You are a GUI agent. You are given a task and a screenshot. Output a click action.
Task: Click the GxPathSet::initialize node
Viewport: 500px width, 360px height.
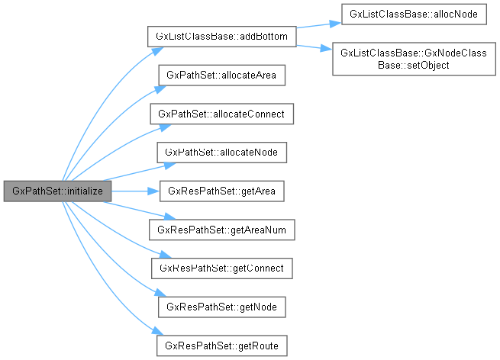[x=58, y=191]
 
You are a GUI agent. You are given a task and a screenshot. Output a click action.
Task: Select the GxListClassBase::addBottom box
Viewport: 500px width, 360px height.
[x=221, y=37]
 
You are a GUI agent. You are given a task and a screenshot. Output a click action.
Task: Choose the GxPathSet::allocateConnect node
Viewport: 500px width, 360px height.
[x=221, y=114]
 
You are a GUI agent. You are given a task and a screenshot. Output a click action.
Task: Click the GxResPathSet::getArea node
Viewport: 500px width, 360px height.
[x=221, y=191]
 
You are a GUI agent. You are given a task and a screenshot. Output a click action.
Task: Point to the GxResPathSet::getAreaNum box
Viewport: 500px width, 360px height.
[x=221, y=230]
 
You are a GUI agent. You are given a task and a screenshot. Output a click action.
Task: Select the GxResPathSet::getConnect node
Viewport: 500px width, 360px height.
[x=221, y=268]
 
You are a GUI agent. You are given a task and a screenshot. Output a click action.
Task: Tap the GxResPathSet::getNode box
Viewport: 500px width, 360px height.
[x=221, y=307]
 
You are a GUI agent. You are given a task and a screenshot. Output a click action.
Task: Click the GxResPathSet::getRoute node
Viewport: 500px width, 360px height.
[x=221, y=346]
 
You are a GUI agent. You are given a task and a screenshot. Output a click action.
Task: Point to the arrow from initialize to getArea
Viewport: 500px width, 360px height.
[x=134, y=191]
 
